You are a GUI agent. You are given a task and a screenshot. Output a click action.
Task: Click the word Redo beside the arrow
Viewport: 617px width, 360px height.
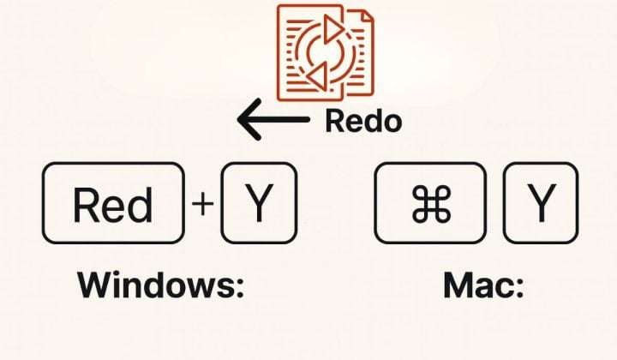pos(362,122)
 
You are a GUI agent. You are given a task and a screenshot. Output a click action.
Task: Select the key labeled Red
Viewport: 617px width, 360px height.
pos(112,203)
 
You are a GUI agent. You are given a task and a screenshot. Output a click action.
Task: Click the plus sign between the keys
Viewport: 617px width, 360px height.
pos(202,205)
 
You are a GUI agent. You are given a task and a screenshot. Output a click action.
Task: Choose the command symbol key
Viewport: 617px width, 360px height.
pos(430,203)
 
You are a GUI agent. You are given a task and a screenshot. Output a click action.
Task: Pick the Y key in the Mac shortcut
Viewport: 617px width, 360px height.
pos(540,203)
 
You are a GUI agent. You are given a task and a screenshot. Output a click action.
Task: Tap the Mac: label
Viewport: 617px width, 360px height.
pos(483,286)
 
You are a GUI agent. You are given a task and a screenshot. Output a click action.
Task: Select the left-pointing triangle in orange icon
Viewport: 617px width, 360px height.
pos(317,78)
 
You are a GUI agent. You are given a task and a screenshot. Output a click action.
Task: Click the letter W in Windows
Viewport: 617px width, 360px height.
pos(96,286)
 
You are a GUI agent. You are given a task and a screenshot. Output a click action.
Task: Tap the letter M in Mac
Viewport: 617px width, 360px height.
pos(460,286)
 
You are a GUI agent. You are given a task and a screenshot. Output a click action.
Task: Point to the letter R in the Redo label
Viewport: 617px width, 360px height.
pos(334,122)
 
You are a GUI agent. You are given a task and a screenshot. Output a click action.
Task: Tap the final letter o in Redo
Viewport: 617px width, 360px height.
pos(392,123)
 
